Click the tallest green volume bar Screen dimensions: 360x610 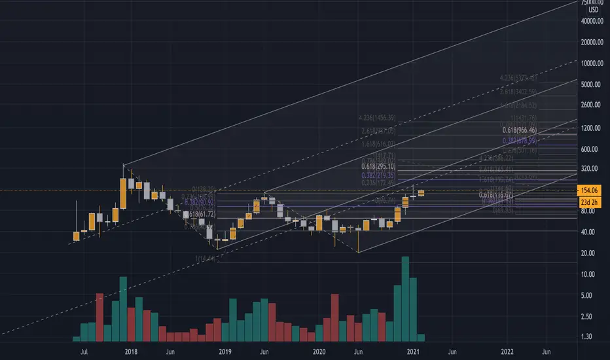tap(405, 298)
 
